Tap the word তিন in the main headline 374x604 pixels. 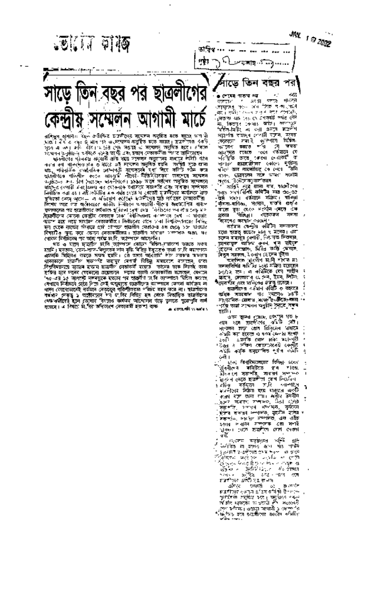102,94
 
